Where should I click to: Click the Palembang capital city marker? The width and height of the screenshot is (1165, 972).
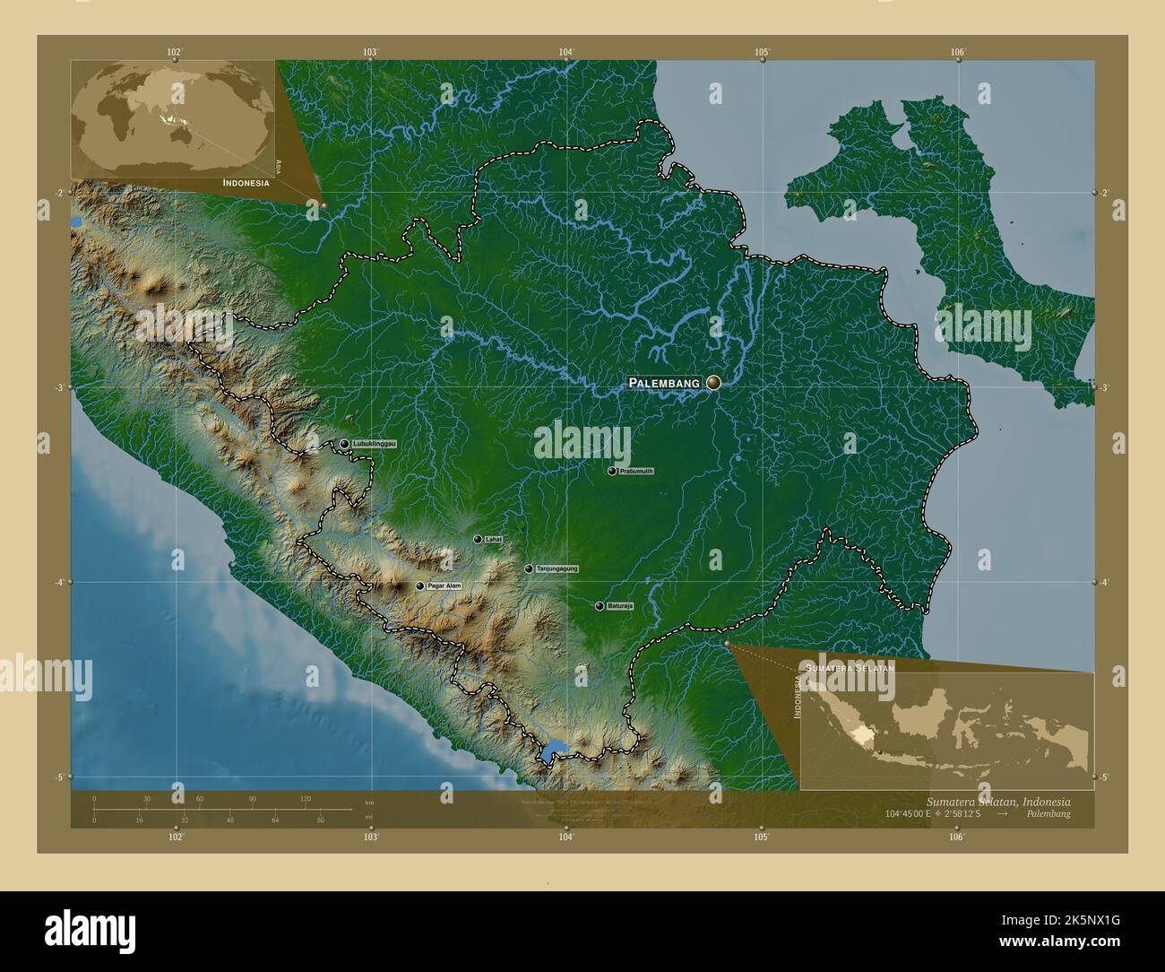tap(713, 383)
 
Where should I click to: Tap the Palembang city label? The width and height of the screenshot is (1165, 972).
tap(664, 383)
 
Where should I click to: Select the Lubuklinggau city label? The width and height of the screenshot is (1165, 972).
tap(375, 444)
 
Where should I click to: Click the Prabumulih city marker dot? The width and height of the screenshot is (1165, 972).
tap(612, 471)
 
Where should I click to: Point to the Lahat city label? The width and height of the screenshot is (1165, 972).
tap(492, 540)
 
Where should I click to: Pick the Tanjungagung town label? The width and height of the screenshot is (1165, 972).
tap(557, 568)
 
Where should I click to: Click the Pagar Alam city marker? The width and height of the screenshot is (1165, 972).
tap(419, 586)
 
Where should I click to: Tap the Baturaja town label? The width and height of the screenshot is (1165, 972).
tap(620, 606)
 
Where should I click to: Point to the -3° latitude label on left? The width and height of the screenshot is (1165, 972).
tap(58, 387)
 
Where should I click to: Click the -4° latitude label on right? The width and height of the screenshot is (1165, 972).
tap(1106, 582)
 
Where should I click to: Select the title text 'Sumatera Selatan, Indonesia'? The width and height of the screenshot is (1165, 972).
tap(997, 800)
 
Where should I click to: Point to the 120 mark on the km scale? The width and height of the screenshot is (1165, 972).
tap(305, 798)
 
